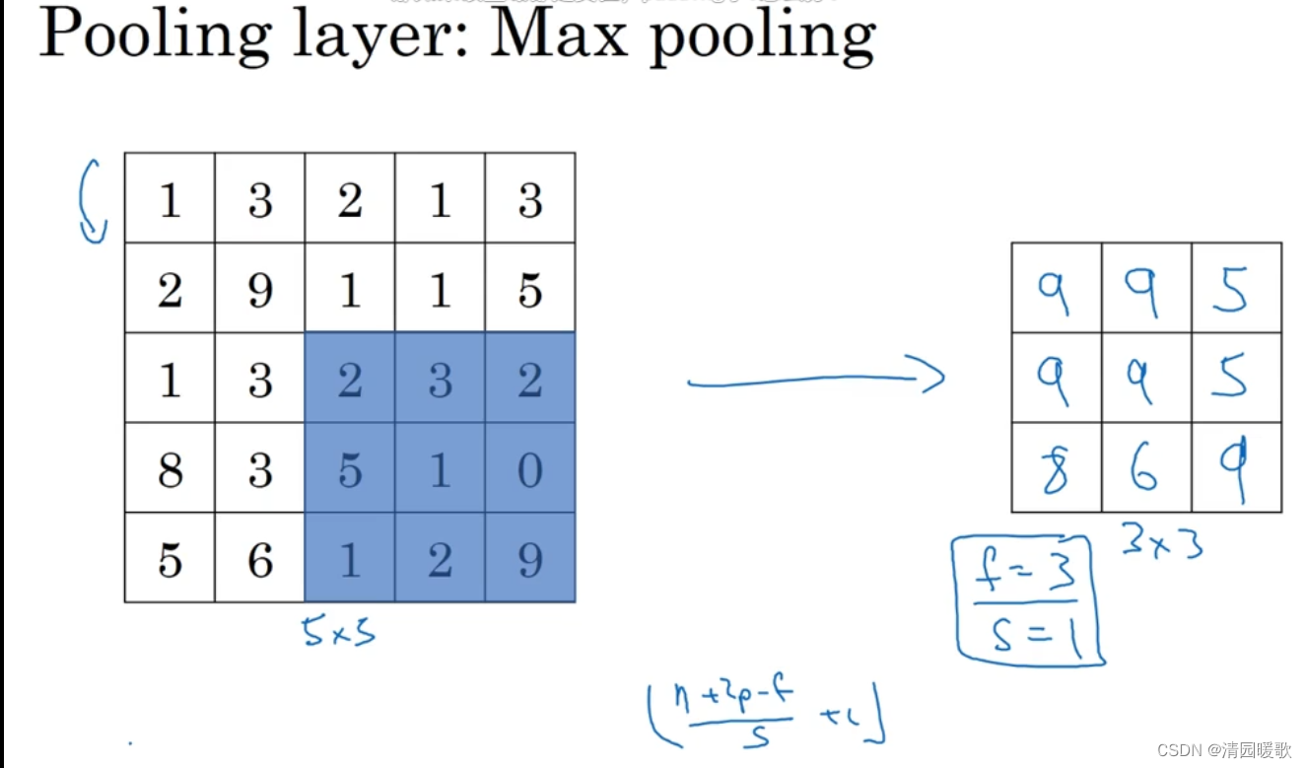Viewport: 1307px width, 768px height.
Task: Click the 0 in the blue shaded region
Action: [x=529, y=469]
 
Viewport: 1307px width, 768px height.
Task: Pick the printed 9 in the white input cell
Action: [x=260, y=290]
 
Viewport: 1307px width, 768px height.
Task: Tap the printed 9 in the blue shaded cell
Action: [x=529, y=559]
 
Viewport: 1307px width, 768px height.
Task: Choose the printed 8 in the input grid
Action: [x=170, y=469]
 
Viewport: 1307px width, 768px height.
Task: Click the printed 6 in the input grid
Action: [x=260, y=559]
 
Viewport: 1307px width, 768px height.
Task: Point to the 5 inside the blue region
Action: [x=350, y=469]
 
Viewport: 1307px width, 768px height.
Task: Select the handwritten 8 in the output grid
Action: [x=1056, y=468]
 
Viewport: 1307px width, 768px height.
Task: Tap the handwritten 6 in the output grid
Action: [x=1145, y=469]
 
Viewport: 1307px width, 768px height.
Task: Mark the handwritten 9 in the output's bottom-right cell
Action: [x=1235, y=469]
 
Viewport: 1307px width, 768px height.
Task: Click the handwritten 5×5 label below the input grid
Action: [x=339, y=631]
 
